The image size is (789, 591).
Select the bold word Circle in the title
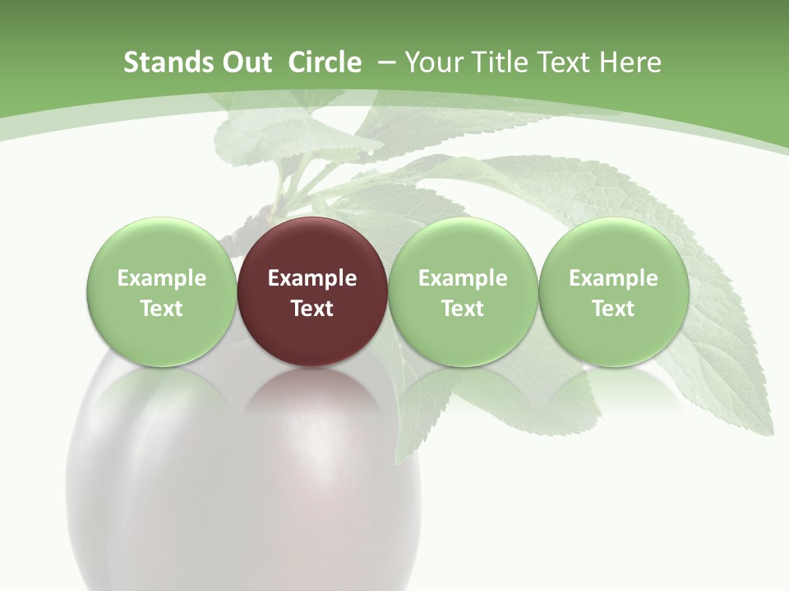click(325, 62)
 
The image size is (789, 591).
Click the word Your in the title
click(432, 62)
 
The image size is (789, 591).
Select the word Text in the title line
click(563, 62)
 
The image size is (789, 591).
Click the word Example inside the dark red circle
click(312, 278)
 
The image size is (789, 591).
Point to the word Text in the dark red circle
click(312, 309)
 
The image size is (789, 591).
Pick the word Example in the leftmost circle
click(162, 278)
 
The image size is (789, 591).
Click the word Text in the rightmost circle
click(614, 309)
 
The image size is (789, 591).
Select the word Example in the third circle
click(463, 278)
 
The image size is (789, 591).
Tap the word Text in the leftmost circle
click(162, 309)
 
